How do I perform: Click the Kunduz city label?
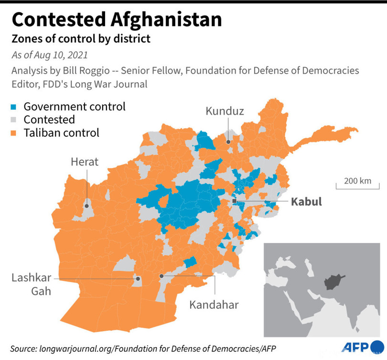point(225,111)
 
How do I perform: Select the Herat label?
point(85,162)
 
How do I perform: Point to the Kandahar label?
point(214,304)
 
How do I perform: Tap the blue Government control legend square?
point(15,107)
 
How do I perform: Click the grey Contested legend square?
point(15,120)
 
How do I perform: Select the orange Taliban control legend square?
point(15,133)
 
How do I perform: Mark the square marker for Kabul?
point(234,202)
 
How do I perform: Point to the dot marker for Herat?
point(87,207)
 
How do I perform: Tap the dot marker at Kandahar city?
point(162,276)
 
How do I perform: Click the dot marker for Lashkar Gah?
point(137,278)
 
